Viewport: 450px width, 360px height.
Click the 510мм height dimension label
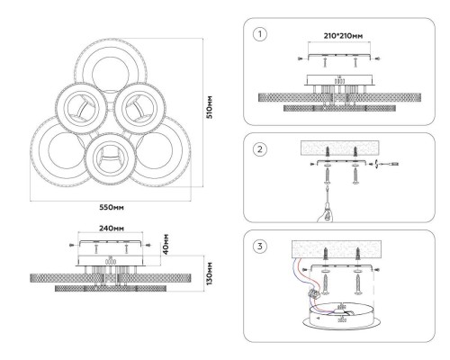pyautogui.click(x=210, y=107)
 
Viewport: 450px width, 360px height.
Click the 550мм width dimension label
pyautogui.click(x=112, y=207)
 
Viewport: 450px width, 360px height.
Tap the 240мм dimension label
pyautogui.click(x=112, y=229)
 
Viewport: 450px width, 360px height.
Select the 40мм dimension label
pyautogui.click(x=166, y=244)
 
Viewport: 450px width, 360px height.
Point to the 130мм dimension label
pyautogui.click(x=210, y=274)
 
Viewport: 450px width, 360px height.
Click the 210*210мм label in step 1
pyautogui.click(x=343, y=36)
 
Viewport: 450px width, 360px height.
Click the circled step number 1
pyautogui.click(x=260, y=34)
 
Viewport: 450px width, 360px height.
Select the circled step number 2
pyautogui.click(x=260, y=149)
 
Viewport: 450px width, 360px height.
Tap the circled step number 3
pyautogui.click(x=260, y=247)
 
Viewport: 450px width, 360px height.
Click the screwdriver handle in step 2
pyautogui.click(x=326, y=212)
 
